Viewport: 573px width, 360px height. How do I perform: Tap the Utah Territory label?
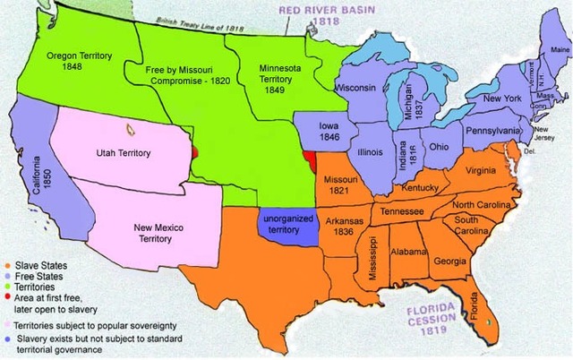(124, 153)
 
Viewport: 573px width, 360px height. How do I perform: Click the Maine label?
(560, 49)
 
